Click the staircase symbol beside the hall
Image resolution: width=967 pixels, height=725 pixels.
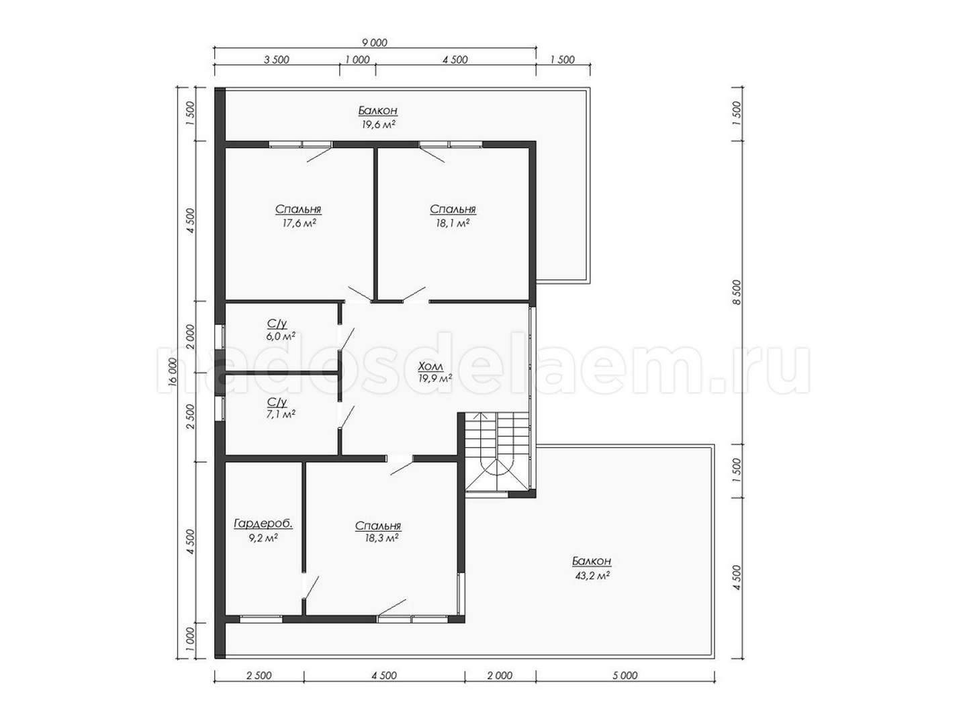(497, 451)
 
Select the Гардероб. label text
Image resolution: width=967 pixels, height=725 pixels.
(263, 524)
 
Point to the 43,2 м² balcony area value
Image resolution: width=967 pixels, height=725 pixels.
(592, 575)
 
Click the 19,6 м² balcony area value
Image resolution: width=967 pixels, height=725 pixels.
(377, 124)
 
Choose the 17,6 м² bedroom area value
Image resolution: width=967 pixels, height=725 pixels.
(299, 223)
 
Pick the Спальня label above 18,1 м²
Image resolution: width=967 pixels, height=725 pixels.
(453, 209)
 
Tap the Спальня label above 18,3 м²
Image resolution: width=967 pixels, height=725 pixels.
(377, 526)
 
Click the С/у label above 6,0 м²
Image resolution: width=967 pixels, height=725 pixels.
(277, 324)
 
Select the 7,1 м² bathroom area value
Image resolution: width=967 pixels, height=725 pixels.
(281, 414)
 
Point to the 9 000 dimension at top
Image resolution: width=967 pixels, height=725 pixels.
(375, 43)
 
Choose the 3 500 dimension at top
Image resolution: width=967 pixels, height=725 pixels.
(276, 60)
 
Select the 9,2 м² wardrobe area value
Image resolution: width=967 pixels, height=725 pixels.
(263, 538)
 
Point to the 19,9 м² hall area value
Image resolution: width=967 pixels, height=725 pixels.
(435, 378)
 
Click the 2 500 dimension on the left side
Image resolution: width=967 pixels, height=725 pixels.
(190, 417)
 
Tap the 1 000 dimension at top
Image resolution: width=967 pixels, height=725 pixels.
(357, 60)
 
